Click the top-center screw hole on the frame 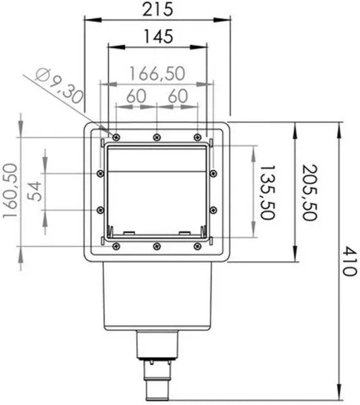pos(156,138)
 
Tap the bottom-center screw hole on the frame pos(156,246)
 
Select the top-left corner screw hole pos(116,138)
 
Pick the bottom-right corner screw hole pos(197,246)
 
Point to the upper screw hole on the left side pos(101,173)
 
